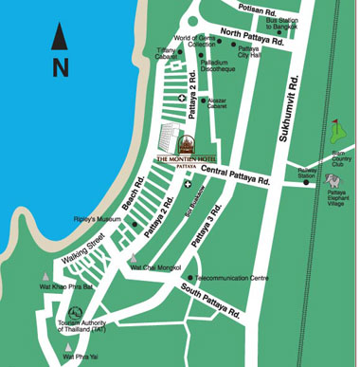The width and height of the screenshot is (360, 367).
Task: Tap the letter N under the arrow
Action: click(61, 66)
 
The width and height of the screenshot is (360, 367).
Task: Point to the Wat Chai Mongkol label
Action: click(156, 268)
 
